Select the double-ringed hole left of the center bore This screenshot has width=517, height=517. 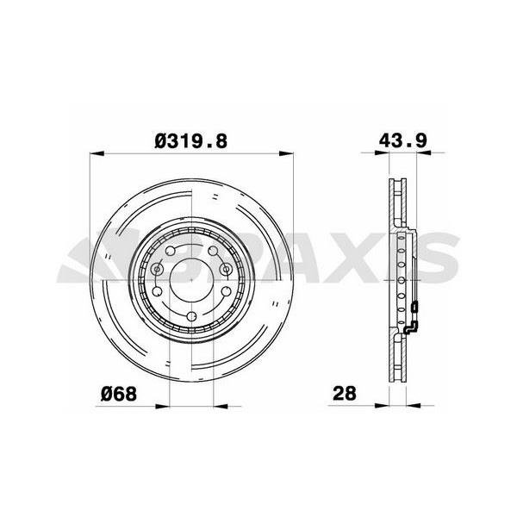pos(157,270)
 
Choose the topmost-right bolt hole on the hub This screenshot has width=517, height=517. pos(212,249)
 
